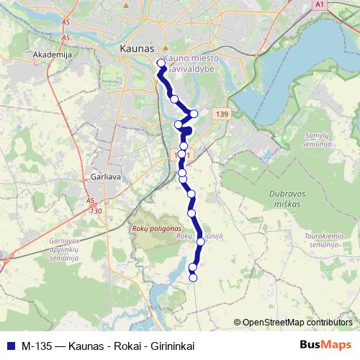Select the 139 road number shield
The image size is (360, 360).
(221, 114)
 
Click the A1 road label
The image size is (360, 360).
(320, 4)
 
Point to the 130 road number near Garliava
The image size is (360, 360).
(96, 210)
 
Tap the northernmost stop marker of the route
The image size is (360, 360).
(161, 62)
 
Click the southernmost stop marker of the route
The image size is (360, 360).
(192, 277)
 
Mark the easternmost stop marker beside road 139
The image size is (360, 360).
(194, 114)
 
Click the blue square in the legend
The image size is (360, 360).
(10, 346)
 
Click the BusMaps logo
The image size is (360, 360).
(325, 345)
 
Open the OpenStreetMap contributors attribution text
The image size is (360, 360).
(297, 323)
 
